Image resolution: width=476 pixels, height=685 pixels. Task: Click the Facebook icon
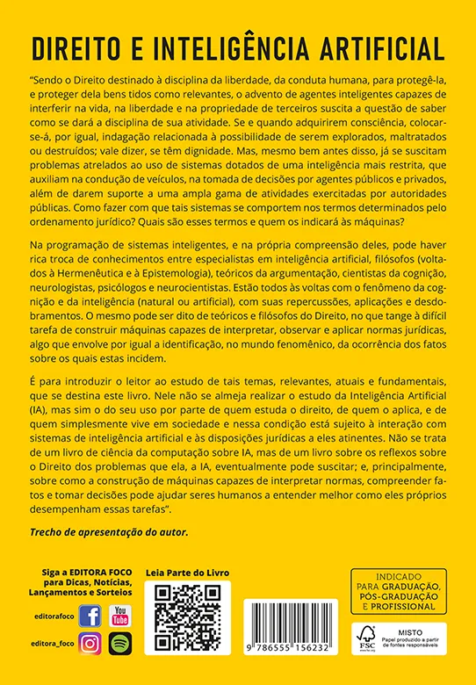point(90,616)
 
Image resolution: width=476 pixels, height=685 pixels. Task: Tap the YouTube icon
point(119,616)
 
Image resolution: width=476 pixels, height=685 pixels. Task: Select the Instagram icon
point(90,644)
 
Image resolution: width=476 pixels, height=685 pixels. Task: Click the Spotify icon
point(119,644)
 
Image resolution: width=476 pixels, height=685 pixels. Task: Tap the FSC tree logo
point(366,637)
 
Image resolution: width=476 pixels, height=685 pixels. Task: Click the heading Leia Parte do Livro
point(187,572)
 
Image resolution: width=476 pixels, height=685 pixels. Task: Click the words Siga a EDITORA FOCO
point(87,572)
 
